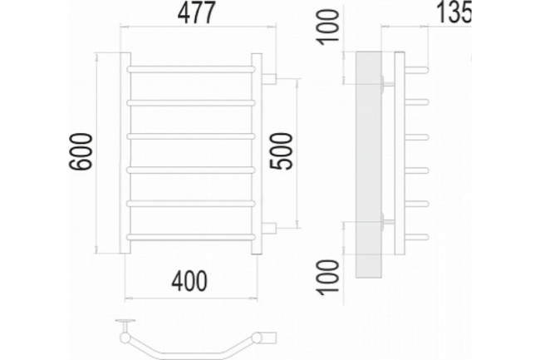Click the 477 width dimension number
pos(200,14)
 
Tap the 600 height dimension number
pos(81,154)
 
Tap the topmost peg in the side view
pos(420,68)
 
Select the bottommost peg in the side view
pos(420,236)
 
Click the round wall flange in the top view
pos(127,321)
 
